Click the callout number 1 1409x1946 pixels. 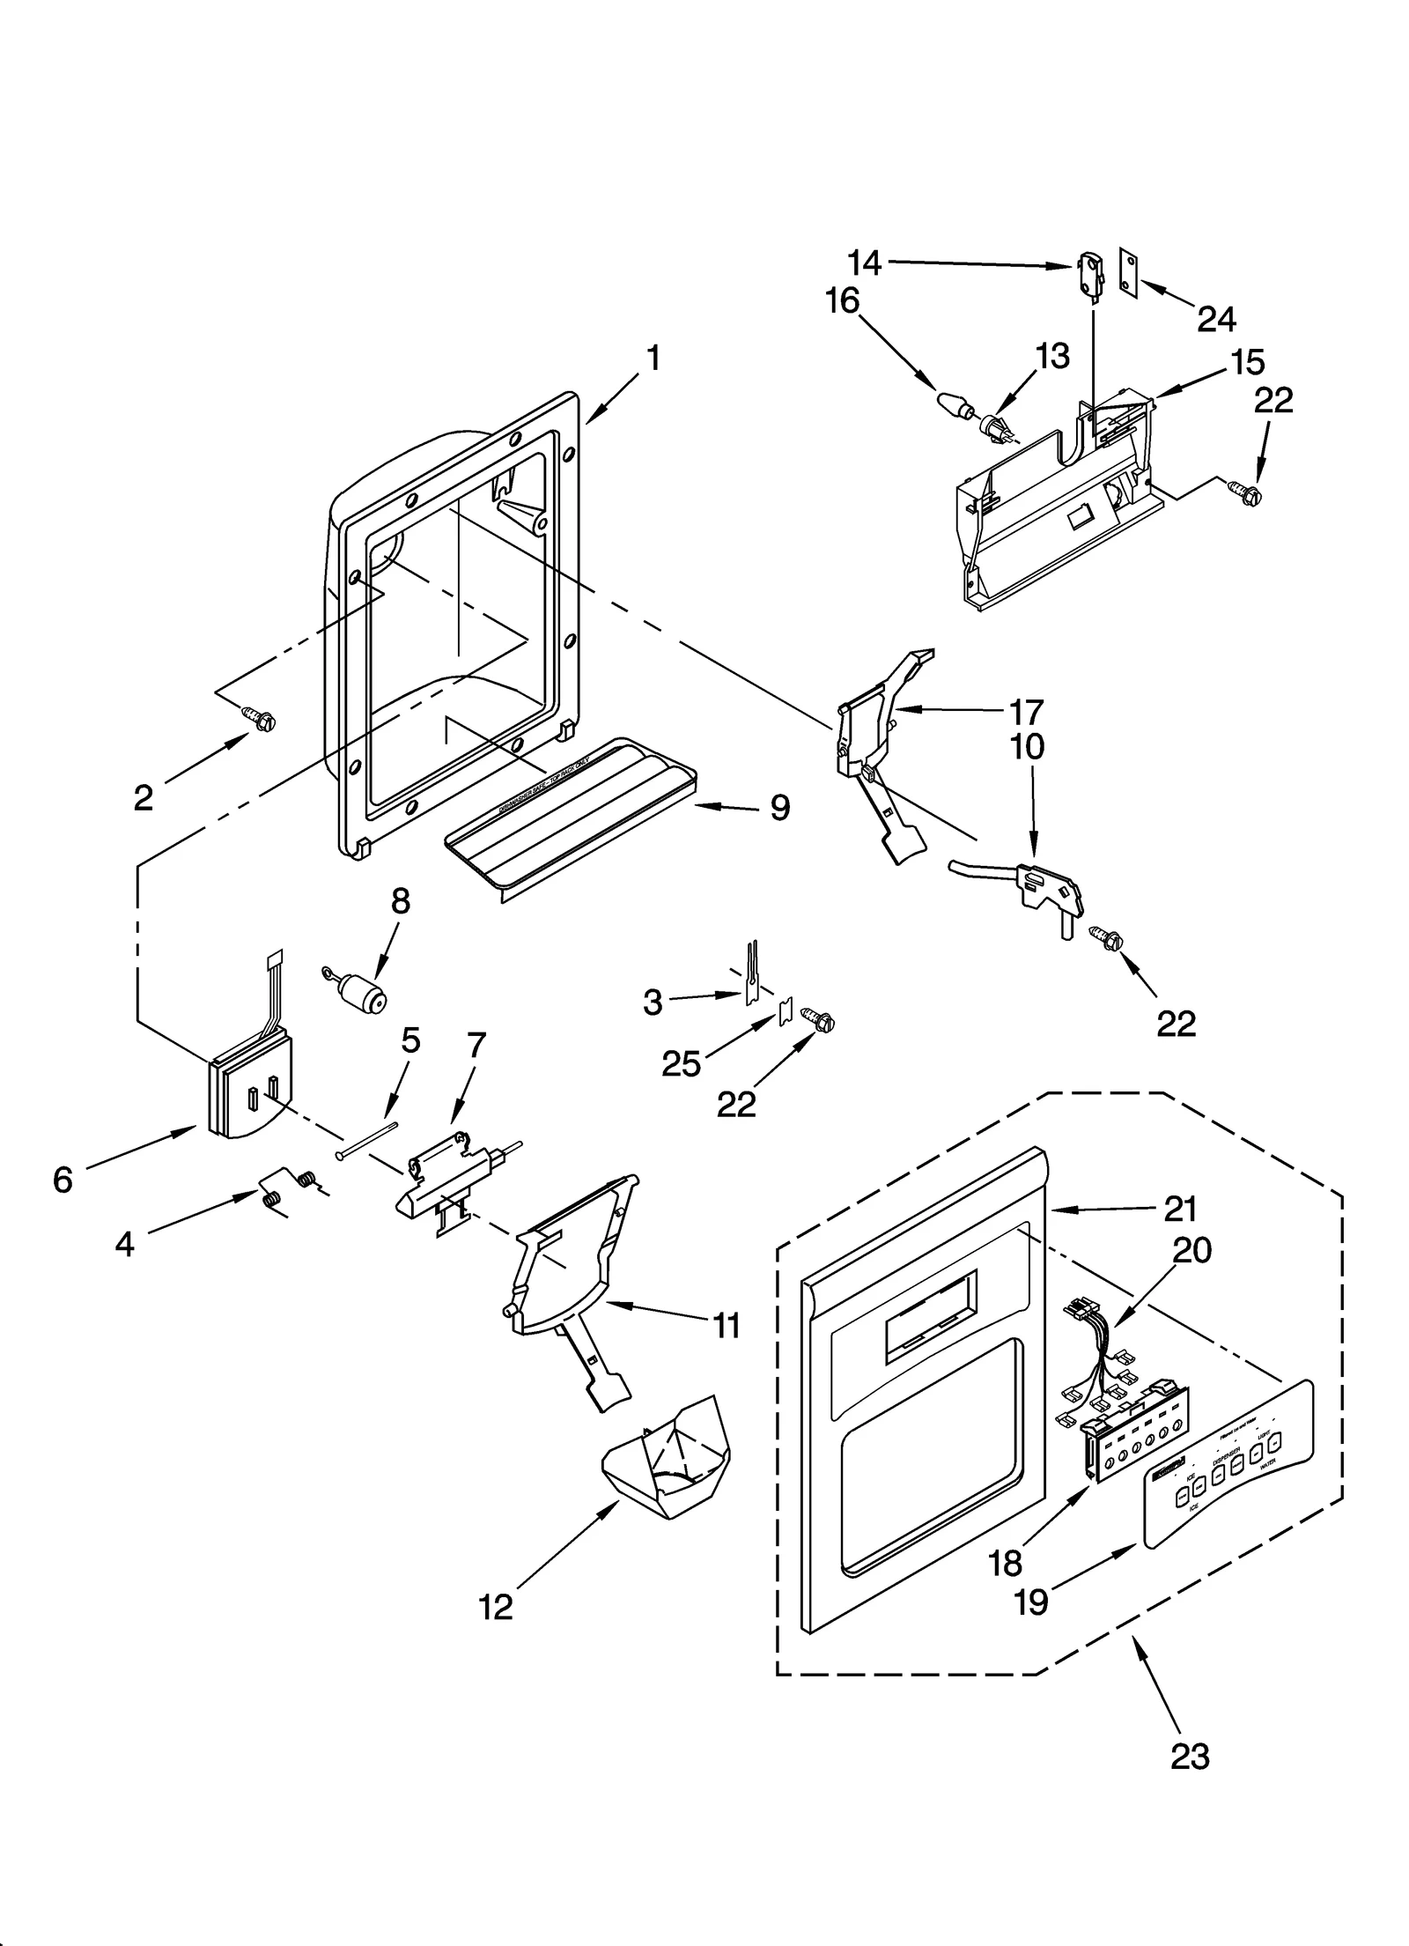[653, 359]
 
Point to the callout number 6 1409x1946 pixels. [63, 1180]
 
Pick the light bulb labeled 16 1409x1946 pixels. [953, 405]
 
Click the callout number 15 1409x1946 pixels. [1248, 362]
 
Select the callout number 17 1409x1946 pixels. [1027, 711]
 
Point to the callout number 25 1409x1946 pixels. [681, 1064]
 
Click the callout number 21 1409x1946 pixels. [1180, 1210]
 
